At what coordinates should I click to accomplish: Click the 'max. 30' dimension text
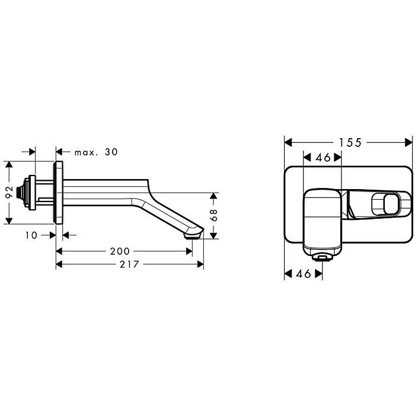tap(96, 152)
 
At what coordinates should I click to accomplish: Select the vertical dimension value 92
tap(9, 192)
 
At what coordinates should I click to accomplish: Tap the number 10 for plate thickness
tap(31, 235)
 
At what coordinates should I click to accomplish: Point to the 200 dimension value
tap(120, 251)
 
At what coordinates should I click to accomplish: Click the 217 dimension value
tap(129, 264)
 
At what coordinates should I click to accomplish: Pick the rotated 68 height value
tap(213, 215)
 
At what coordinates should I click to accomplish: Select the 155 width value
tap(350, 143)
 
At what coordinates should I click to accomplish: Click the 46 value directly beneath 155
tap(323, 158)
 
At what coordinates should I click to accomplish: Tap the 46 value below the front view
tap(304, 274)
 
